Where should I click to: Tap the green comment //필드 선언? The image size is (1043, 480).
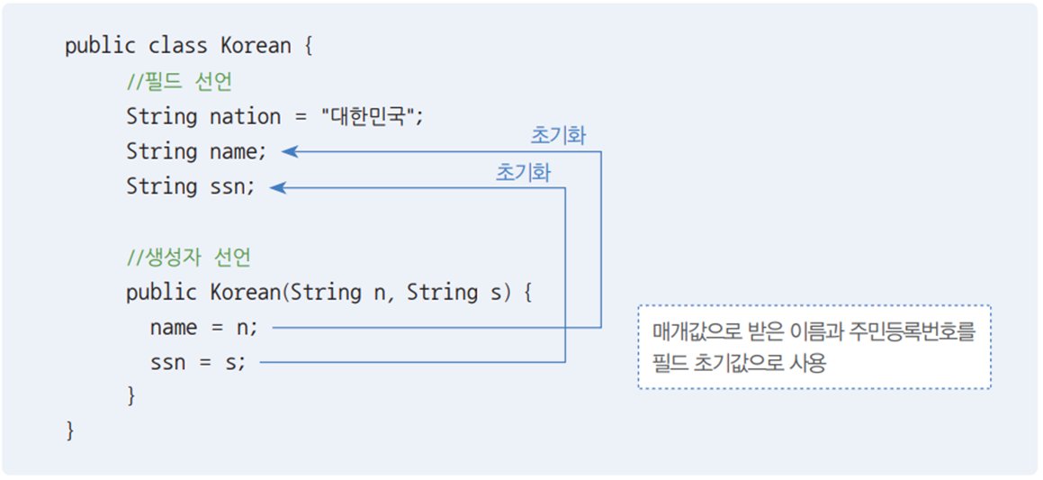[179, 81]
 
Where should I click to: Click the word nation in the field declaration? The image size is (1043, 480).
[245, 116]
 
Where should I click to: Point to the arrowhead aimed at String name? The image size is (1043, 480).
[289, 152]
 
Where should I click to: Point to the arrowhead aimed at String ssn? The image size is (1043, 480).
[277, 187]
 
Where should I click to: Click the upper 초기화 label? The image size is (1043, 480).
[558, 136]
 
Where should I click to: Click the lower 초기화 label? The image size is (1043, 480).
[523, 172]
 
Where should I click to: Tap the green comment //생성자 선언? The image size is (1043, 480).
[188, 258]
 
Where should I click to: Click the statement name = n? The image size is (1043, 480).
[203, 328]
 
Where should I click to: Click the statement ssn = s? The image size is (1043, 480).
[197, 363]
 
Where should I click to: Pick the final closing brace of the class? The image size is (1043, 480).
[70, 430]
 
